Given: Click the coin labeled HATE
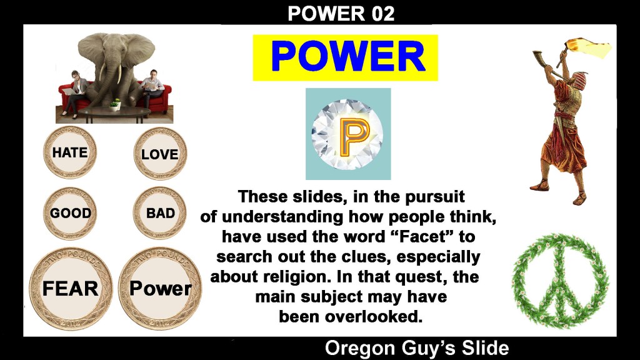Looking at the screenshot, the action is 70,152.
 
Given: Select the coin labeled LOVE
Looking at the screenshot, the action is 160,154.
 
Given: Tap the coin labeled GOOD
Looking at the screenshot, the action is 70,213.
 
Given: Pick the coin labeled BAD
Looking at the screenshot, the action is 160,213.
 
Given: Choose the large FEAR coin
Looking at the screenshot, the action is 71,289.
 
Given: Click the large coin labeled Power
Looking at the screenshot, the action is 160,289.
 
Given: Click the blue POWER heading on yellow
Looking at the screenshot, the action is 348,57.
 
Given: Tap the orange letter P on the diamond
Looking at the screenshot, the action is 354,137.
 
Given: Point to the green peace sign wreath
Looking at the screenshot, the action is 560,280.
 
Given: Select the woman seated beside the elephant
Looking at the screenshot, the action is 75,92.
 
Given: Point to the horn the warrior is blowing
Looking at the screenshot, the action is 547,64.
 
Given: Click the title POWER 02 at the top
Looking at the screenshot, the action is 341,14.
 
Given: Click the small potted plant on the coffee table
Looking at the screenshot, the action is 115,105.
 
